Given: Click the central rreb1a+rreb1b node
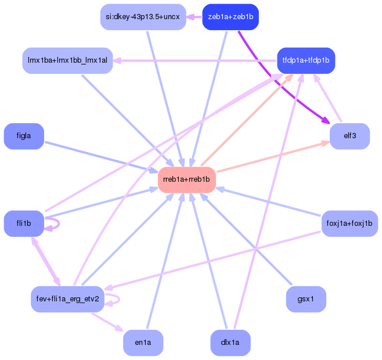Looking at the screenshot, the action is coord(187,179).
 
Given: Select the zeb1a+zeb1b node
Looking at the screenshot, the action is coord(230,16).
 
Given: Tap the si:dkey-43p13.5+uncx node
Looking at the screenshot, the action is coord(143,16).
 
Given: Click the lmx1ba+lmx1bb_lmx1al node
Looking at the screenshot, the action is coord(67,60).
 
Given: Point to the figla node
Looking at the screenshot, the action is coord(24,136).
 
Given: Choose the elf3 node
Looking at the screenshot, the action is coord(349,136).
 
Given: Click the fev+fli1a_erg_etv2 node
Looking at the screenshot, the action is coord(67,299).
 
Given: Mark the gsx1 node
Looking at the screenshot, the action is coord(306,299).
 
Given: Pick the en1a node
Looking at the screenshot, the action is coord(143,343).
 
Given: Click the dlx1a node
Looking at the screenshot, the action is coord(230,343).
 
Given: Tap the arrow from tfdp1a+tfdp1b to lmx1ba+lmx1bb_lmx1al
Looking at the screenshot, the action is coord(197,60).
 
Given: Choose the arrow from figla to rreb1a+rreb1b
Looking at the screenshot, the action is coord(99,156).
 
